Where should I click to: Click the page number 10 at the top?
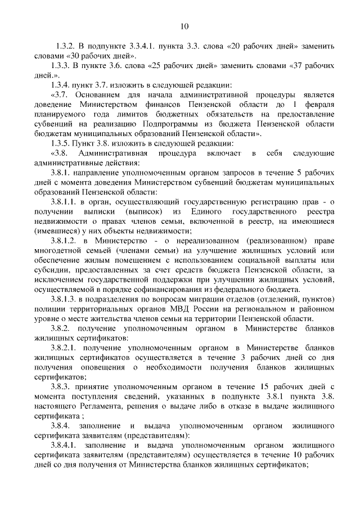185,25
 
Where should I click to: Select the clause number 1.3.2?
66,45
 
